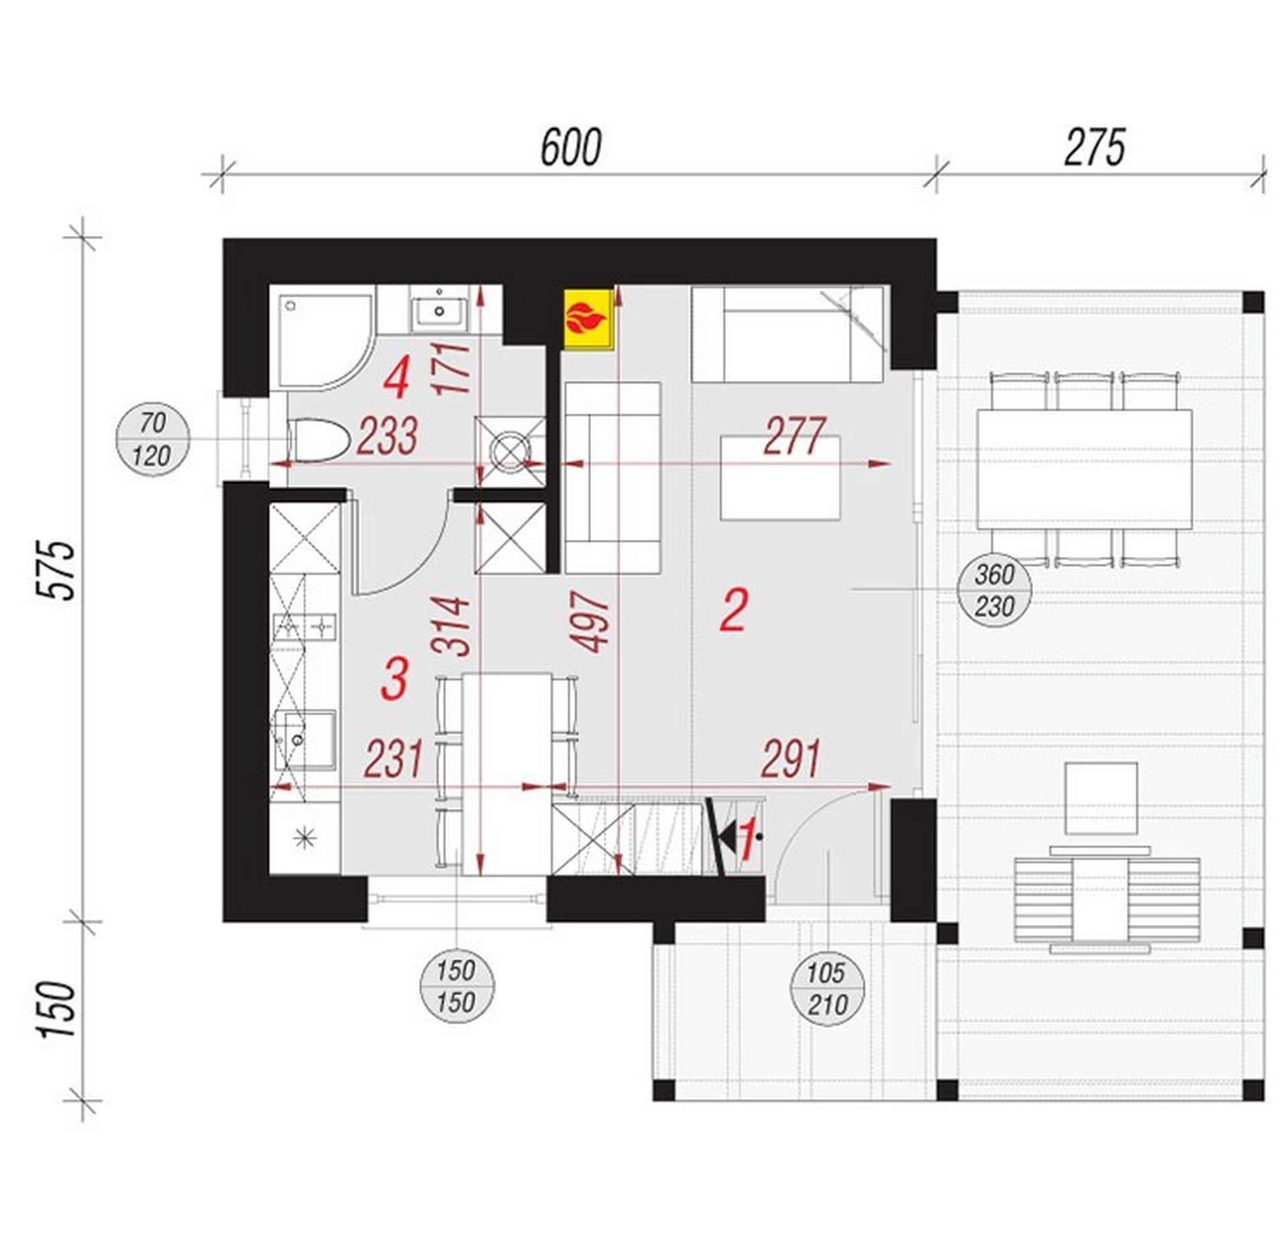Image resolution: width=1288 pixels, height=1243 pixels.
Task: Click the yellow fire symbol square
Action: (588, 319)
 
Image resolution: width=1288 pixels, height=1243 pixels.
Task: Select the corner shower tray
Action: (321, 342)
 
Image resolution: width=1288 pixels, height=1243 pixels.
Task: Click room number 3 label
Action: (394, 678)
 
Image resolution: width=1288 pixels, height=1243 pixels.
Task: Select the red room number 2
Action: (733, 610)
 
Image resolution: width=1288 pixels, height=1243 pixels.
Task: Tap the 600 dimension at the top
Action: (571, 148)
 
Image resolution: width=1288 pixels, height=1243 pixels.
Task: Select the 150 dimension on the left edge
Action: (56, 1010)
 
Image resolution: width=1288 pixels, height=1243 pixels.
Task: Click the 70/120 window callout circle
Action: (153, 440)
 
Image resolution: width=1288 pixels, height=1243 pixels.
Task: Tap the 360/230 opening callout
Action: (994, 591)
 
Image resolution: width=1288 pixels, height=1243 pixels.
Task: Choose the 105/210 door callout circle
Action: (828, 989)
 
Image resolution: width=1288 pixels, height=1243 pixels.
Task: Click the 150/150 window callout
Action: (456, 986)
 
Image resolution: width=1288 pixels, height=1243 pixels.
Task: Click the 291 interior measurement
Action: (792, 759)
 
